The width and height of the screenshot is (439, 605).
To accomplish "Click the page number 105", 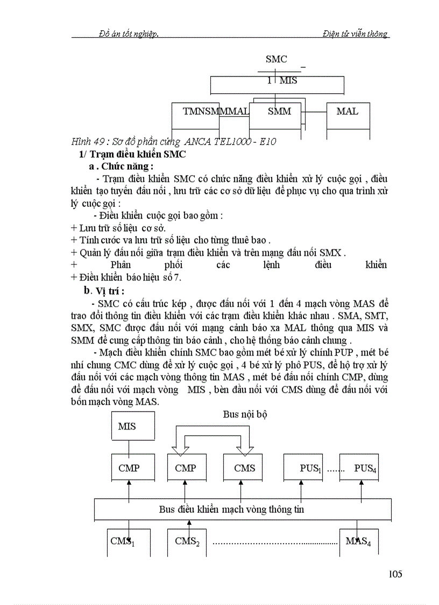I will coord(395,574).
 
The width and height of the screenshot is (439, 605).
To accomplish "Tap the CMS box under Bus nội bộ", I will coord(245,468).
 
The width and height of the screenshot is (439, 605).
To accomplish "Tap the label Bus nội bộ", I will coord(245,414).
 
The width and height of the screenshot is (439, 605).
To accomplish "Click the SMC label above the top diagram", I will coord(277,59).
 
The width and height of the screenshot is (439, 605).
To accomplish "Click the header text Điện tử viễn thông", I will coord(356,34).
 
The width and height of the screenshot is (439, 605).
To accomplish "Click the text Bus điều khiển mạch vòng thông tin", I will coord(231,509).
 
